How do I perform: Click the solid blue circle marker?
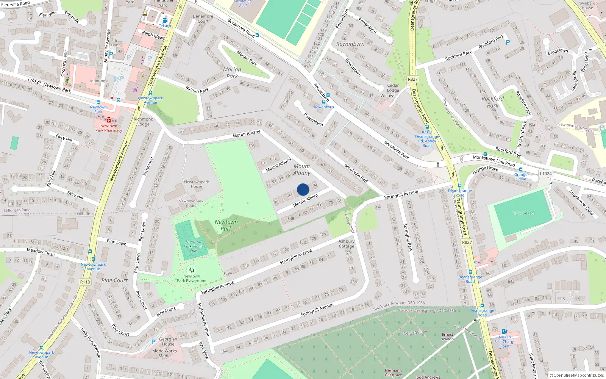click(303, 189)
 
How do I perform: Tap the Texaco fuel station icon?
click(164, 21)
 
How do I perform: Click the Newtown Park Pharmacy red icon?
click(109, 120)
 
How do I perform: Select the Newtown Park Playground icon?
click(192, 270)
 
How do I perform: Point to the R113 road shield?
click(85, 282)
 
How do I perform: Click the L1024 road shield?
click(545, 174)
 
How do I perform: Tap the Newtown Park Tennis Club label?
click(194, 246)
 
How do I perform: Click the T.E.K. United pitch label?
click(523, 213)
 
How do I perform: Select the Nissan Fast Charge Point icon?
click(504, 332)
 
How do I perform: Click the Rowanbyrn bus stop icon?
click(328, 95)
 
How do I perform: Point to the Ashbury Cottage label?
click(347, 244)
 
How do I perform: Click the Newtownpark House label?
click(196, 184)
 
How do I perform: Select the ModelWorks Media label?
click(164, 353)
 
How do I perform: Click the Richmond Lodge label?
click(144, 121)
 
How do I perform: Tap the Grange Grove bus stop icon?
click(521, 170)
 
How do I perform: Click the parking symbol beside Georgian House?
click(153, 342)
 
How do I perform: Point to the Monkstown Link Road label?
click(494, 161)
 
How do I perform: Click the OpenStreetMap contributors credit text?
click(578, 375)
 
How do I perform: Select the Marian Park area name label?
click(232, 73)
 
